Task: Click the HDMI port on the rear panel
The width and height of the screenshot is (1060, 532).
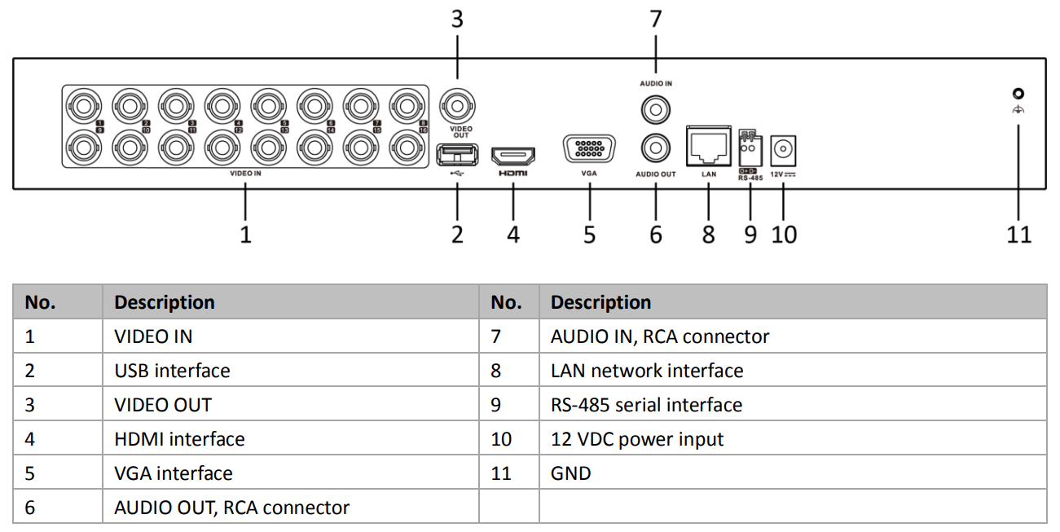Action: [513, 155]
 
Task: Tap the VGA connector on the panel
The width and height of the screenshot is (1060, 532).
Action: [588, 152]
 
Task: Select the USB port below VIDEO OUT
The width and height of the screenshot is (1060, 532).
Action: [457, 154]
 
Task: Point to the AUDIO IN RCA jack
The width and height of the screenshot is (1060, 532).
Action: [656, 107]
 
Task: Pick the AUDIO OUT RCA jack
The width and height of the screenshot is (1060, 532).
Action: [656, 147]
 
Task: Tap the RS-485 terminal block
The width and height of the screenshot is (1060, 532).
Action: [750, 149]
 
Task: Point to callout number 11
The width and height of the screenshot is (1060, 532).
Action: [1018, 235]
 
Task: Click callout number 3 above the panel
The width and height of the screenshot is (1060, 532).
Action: [457, 20]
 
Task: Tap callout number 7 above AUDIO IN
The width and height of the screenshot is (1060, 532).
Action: [656, 20]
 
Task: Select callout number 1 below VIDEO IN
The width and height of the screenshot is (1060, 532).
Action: [245, 235]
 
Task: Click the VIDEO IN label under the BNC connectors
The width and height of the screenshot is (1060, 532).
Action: [245, 174]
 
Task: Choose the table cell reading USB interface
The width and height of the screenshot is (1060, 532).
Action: [172, 371]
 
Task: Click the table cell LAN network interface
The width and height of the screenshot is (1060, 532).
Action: [647, 371]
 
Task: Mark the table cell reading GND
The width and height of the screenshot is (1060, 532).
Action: [570, 473]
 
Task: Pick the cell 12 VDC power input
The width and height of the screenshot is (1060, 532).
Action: [637, 439]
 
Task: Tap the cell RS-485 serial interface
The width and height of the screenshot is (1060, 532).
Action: [646, 405]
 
